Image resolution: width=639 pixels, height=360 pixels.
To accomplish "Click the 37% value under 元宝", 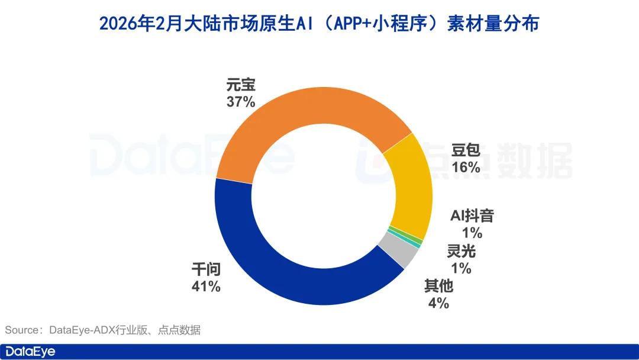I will pyautogui.click(x=241, y=102).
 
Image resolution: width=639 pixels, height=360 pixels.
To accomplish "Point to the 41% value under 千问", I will pyautogui.click(x=206, y=287).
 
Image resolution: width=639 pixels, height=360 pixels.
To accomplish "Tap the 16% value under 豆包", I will pyautogui.click(x=466, y=168).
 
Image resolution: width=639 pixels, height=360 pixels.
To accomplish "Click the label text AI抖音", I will pyautogui.click(x=472, y=216).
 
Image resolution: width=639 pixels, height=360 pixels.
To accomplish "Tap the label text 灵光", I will pyautogui.click(x=461, y=252).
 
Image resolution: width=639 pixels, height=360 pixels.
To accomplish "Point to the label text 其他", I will pyautogui.click(x=438, y=287).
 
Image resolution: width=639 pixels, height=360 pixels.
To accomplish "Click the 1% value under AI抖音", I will pyautogui.click(x=472, y=232).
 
